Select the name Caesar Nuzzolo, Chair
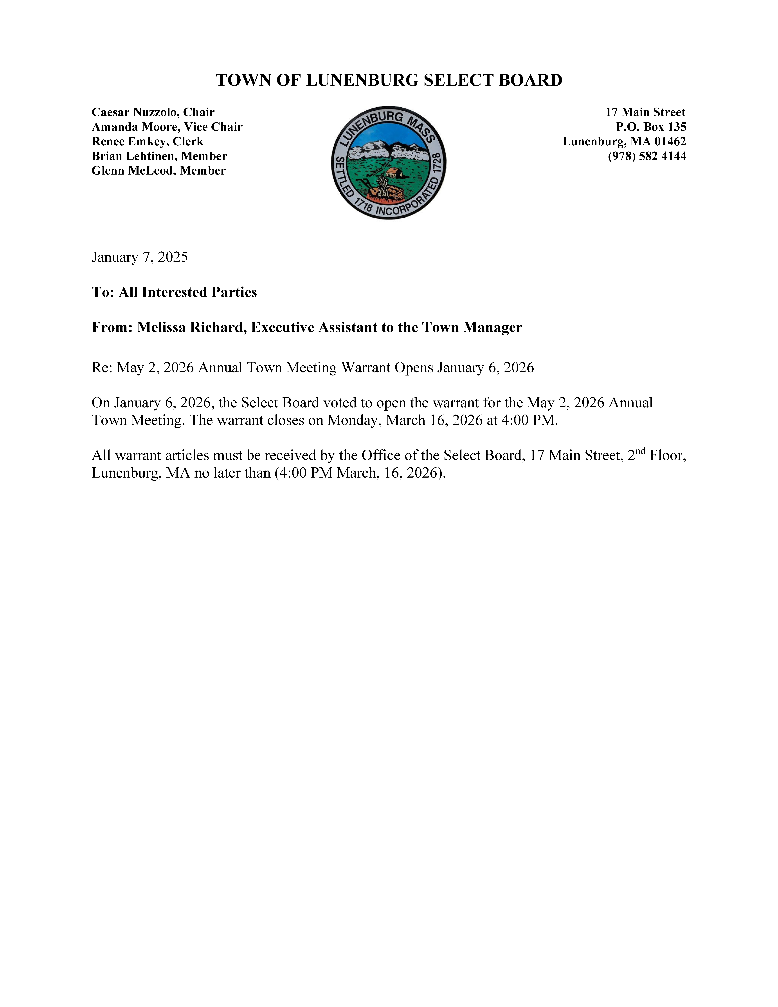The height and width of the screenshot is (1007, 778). point(153,112)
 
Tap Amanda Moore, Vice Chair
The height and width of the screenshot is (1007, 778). point(167,127)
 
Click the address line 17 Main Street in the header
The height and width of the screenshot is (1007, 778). point(645,112)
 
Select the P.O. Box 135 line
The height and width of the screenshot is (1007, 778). point(651,127)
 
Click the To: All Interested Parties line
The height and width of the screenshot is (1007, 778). point(174,292)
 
